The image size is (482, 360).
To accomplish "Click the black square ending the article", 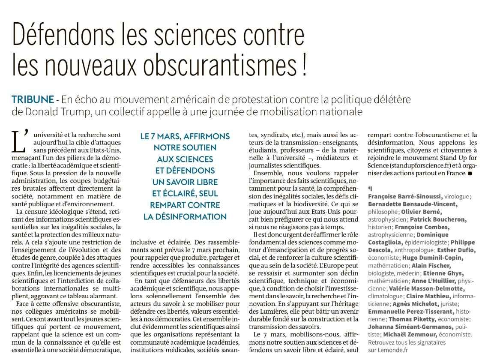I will click(470, 174).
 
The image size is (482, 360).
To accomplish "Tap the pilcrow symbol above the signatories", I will click(370, 188).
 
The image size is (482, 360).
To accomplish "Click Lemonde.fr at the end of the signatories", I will click(381, 350).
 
